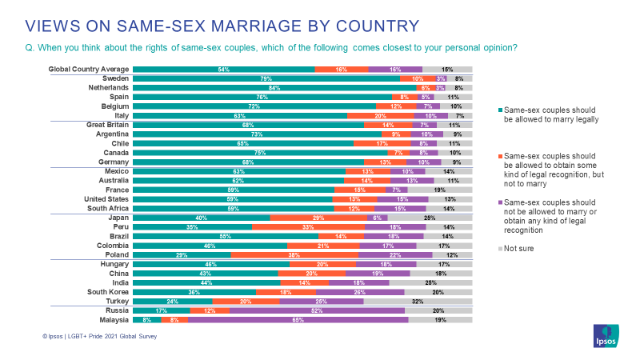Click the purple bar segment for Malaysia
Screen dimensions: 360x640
pyautogui.click(x=298, y=319)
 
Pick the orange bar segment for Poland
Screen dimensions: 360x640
pyautogui.click(x=294, y=254)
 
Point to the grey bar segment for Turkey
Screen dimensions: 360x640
pyautogui.click(x=418, y=301)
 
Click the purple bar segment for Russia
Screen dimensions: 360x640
pyautogui.click(x=317, y=310)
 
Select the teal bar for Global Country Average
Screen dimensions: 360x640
pyautogui.click(x=224, y=70)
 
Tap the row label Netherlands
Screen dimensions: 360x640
pyautogui.click(x=109, y=88)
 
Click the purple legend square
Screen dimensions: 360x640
pyautogui.click(x=500, y=204)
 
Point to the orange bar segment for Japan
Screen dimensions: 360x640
pyautogui.click(x=318, y=218)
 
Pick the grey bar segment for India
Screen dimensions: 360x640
pyautogui.click(x=430, y=282)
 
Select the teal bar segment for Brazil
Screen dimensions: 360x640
pyautogui.click(x=226, y=236)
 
